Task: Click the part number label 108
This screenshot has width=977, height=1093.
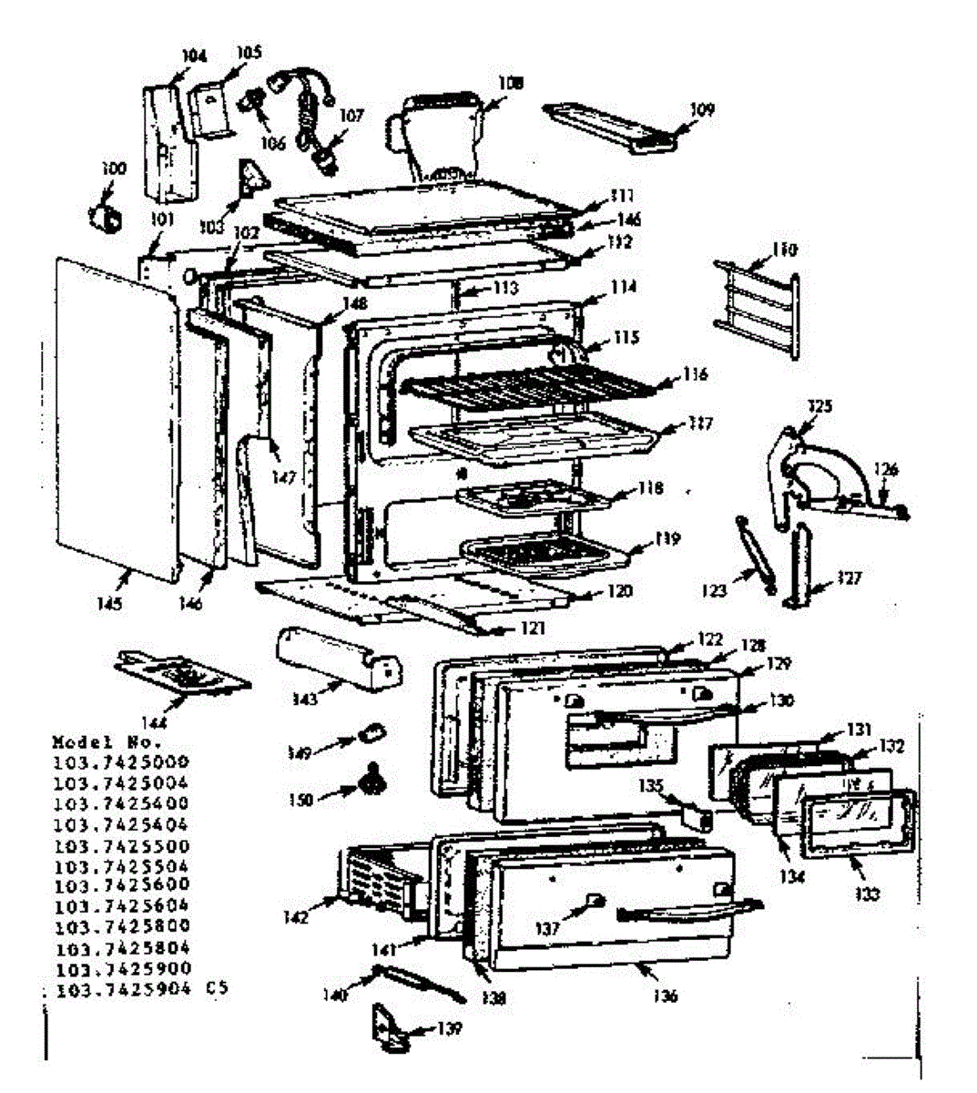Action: pyautogui.click(x=511, y=83)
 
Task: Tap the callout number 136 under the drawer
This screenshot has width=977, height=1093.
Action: pyautogui.click(x=666, y=996)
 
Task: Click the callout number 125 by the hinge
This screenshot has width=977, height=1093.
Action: pyautogui.click(x=819, y=405)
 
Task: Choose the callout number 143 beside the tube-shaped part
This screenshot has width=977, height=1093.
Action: pyautogui.click(x=305, y=699)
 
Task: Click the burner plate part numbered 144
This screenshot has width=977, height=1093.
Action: pyautogui.click(x=181, y=673)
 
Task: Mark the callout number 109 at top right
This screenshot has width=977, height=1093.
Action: pyautogui.click(x=701, y=110)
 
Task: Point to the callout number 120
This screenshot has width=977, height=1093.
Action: pyautogui.click(x=619, y=592)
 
